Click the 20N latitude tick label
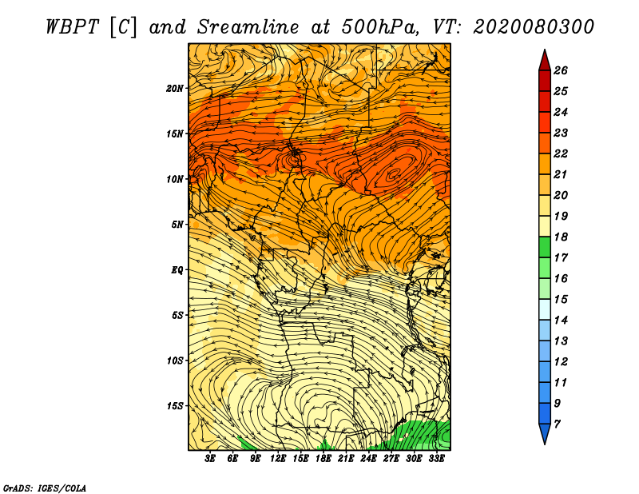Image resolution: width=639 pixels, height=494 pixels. pyautogui.click(x=175, y=88)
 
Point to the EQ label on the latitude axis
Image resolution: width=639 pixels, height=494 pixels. pyautogui.click(x=177, y=270)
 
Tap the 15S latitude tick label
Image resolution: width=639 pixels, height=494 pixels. pyautogui.click(x=175, y=406)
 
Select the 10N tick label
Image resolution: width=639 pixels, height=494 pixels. pyautogui.click(x=175, y=179)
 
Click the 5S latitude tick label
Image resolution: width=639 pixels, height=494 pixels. pyautogui.click(x=177, y=315)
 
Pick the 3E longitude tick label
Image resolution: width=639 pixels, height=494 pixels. pyautogui.click(x=211, y=459)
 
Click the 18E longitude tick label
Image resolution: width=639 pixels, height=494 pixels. pyautogui.click(x=323, y=459)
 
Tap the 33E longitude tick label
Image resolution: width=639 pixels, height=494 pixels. pyautogui.click(x=436, y=459)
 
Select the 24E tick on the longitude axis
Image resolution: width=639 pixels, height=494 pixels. pyautogui.click(x=368, y=459)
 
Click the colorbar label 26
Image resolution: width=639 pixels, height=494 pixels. pyautogui.click(x=560, y=70)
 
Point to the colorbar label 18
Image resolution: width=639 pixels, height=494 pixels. pyautogui.click(x=560, y=237)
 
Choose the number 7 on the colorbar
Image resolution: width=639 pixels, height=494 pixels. pyautogui.click(x=557, y=424)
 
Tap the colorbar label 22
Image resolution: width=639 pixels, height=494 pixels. pyautogui.click(x=560, y=153)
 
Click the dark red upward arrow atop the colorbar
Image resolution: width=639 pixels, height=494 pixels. pyautogui.click(x=544, y=59)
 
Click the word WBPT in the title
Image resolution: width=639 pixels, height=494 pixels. pyautogui.click(x=72, y=26)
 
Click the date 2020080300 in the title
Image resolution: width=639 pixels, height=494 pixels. pyautogui.click(x=534, y=26)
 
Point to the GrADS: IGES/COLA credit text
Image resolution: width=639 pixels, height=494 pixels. pyautogui.click(x=44, y=487)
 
